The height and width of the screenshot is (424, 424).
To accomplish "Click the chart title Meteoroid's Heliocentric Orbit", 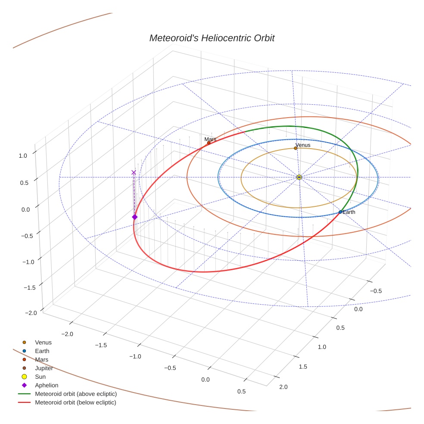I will (212, 38).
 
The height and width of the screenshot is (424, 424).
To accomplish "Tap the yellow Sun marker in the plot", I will (299, 177).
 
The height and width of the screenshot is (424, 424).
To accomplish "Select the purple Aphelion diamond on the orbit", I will (134, 217).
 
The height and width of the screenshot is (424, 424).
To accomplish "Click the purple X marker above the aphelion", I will (134, 172).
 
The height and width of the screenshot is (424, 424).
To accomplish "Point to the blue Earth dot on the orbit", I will (340, 212).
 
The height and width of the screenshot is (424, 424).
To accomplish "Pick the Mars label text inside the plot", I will (210, 139).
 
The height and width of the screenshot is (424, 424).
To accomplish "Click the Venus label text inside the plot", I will (302, 145).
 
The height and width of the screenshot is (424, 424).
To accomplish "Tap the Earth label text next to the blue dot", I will (349, 212).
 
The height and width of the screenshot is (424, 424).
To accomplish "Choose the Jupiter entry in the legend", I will (44, 368).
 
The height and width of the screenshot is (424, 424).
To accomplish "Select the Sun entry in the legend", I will (40, 377).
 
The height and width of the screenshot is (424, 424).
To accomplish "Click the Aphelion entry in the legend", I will (47, 385).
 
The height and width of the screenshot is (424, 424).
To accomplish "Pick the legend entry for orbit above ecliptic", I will (76, 394).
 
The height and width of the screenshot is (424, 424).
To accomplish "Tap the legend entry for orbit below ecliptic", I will (75, 402).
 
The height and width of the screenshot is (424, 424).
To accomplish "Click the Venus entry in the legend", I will (43, 342).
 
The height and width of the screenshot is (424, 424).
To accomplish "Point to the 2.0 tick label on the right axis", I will (284, 387).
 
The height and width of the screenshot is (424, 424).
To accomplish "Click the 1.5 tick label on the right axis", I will (303, 366).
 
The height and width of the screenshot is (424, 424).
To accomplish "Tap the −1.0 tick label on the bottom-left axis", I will (135, 356).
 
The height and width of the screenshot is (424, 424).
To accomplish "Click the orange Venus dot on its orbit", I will (296, 148).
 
